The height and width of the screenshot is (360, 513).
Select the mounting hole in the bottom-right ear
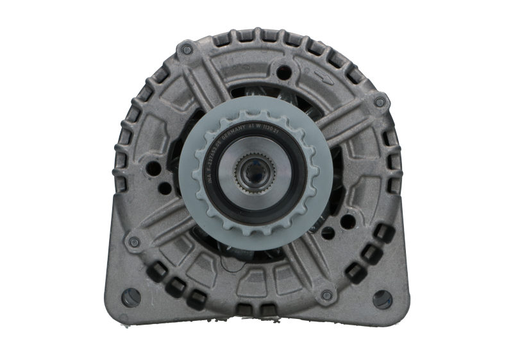point(381,298)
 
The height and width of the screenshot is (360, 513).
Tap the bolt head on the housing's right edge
point(380,101)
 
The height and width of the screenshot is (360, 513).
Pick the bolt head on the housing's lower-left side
point(133,241)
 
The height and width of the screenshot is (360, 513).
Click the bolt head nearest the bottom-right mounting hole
point(327,295)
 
